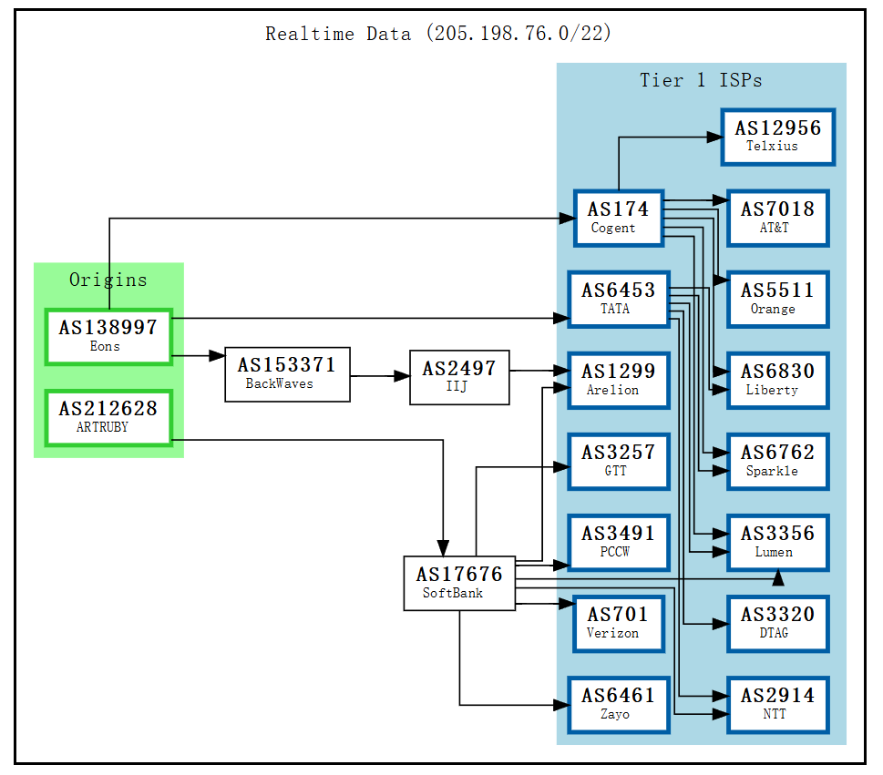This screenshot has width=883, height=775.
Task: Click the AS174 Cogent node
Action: coord(619,218)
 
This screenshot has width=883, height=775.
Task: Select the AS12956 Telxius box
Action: coord(777,137)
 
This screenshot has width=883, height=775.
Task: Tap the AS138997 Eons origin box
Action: coord(108,336)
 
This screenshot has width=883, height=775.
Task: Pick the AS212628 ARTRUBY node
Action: coord(108,417)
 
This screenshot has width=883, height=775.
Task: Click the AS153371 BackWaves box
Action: coord(287,373)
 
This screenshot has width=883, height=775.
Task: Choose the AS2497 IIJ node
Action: coord(459,377)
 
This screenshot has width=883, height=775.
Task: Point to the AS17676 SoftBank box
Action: coord(459,583)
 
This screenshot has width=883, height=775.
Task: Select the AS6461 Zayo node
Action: coord(619,704)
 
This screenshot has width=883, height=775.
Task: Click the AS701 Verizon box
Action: coord(619,623)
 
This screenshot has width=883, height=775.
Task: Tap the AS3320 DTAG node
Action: coord(777,623)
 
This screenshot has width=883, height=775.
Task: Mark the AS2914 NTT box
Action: coord(777,704)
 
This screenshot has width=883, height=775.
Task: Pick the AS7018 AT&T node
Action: coord(777,218)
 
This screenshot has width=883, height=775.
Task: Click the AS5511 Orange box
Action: coord(777,299)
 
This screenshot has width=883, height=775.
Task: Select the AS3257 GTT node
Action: coord(619,461)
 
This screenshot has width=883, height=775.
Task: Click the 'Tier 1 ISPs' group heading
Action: coord(701,80)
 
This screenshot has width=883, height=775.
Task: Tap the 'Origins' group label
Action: coord(108,280)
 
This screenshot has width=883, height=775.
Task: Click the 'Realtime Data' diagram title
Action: coord(438,34)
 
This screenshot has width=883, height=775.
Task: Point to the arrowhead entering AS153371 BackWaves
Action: coord(217,356)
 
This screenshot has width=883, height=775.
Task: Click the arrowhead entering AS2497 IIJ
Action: coord(402,375)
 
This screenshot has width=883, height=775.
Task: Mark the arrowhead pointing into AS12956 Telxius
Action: coord(714,138)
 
